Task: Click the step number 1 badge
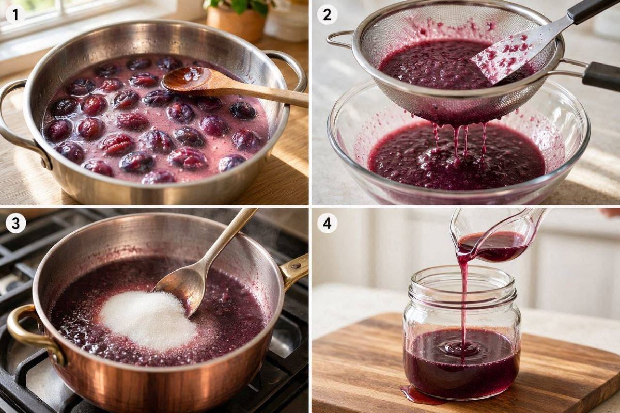(x=16, y=15)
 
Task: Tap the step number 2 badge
(x=327, y=15)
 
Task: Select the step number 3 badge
(x=16, y=223)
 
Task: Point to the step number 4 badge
(x=327, y=223)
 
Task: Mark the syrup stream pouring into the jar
(x=464, y=304)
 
